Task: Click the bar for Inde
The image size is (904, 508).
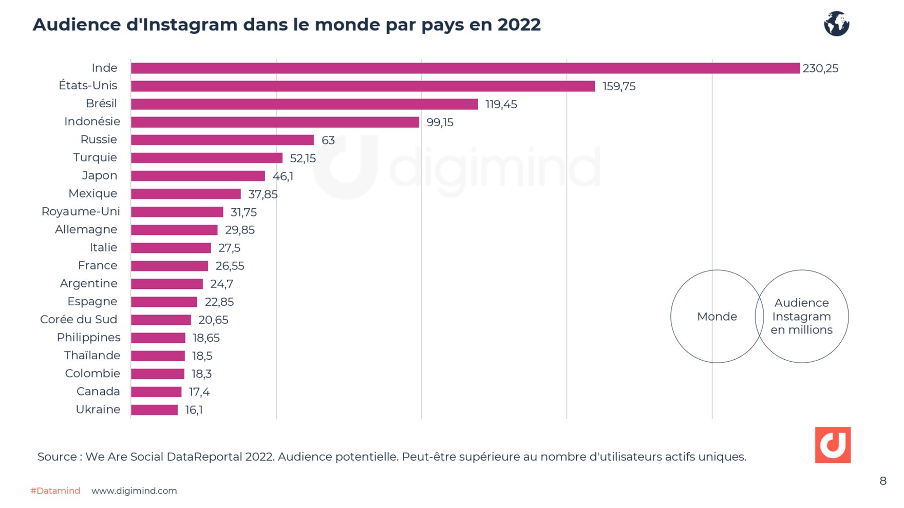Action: tap(465, 68)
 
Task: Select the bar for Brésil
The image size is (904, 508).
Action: tap(304, 104)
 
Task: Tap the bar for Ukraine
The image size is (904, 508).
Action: tap(154, 410)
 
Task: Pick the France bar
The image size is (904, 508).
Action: tap(169, 266)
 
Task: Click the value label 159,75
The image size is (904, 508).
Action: tap(619, 86)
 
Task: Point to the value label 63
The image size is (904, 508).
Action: tap(328, 140)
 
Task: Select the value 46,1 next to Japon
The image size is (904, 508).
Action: tap(283, 176)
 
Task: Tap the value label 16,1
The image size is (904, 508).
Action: tap(194, 410)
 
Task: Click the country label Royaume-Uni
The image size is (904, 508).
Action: tap(81, 211)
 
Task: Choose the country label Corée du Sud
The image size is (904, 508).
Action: tap(79, 319)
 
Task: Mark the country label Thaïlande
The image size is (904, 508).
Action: tap(92, 355)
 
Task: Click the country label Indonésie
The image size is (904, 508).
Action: tap(92, 122)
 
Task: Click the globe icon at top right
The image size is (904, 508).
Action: tap(836, 24)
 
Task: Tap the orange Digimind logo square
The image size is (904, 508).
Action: tap(833, 445)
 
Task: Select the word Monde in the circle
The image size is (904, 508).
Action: tap(717, 317)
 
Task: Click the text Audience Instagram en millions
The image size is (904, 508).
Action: tap(801, 317)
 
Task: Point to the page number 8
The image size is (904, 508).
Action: tap(883, 481)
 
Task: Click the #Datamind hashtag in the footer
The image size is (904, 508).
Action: tap(55, 491)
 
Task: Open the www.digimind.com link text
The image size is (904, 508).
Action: tap(134, 491)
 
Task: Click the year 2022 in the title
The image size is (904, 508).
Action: tap(519, 25)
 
